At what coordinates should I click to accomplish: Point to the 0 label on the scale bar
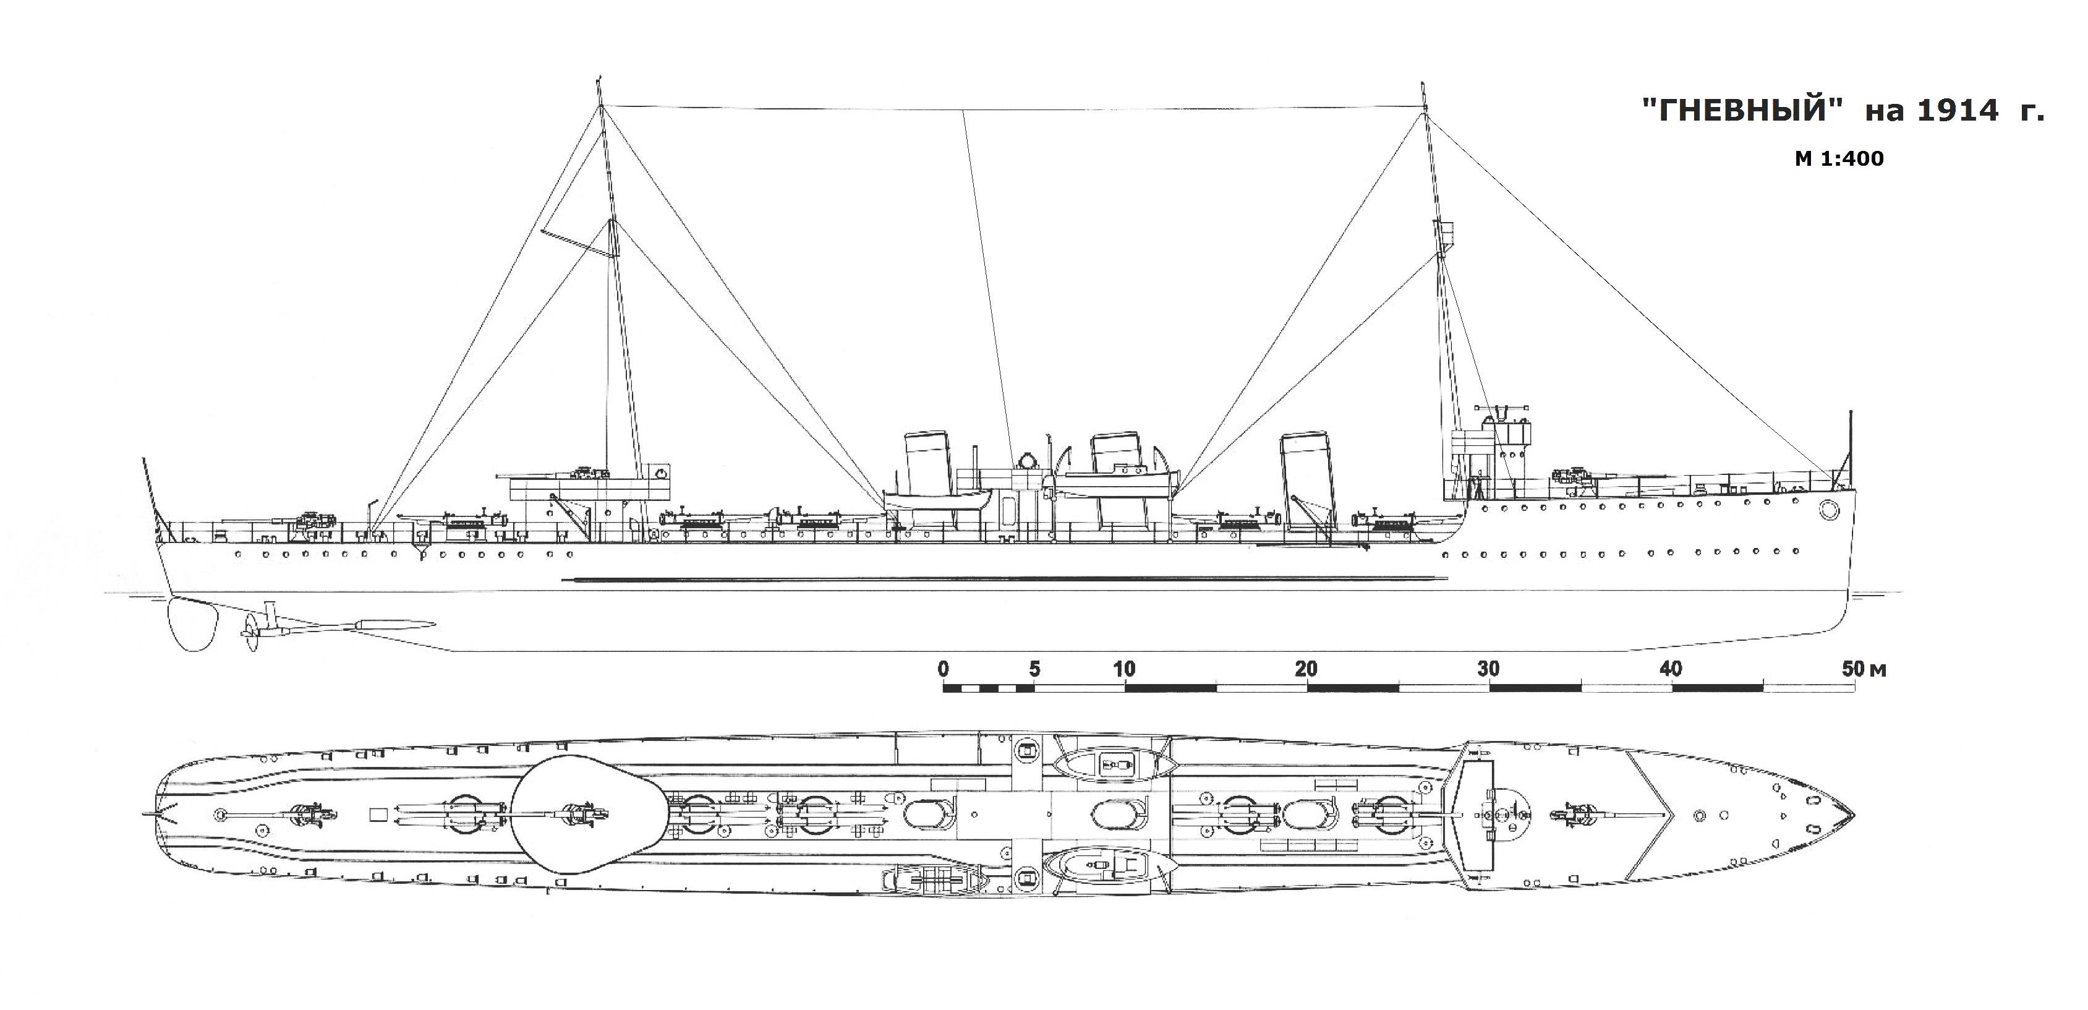943,670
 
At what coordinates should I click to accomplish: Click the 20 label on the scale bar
1306,670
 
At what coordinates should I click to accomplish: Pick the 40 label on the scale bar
1671,670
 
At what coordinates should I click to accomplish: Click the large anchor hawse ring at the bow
1828,510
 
